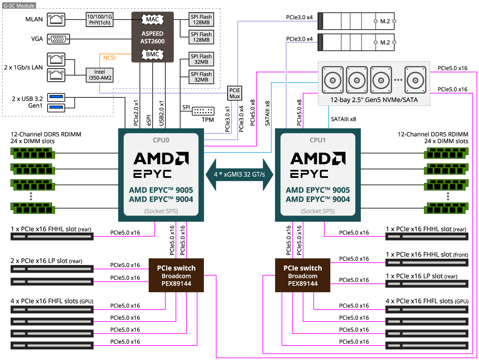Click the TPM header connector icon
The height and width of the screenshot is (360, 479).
(x=203, y=111)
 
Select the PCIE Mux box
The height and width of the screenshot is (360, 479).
(x=234, y=93)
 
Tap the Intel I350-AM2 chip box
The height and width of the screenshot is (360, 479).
(x=100, y=75)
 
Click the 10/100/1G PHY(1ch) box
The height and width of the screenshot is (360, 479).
(x=100, y=19)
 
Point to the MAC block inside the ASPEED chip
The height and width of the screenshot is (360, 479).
(x=153, y=19)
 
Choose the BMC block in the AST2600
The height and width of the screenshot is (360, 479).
(x=153, y=54)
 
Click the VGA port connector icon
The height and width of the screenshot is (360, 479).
(x=58, y=39)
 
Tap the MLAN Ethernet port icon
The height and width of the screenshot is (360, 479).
(x=56, y=19)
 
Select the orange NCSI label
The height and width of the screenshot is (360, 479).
(x=109, y=58)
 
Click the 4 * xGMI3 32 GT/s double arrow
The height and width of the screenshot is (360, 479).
(x=239, y=174)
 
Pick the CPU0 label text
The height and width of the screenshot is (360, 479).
(x=161, y=140)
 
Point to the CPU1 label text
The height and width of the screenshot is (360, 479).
(x=317, y=140)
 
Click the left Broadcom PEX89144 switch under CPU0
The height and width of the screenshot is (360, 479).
(x=176, y=275)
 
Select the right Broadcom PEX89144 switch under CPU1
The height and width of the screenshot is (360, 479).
(x=303, y=275)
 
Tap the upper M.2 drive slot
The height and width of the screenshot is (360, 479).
(x=356, y=21)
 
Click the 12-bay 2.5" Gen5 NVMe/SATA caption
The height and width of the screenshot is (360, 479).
(x=374, y=100)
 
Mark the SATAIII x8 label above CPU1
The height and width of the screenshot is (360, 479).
(x=343, y=119)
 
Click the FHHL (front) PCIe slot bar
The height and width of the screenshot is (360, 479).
(x=427, y=263)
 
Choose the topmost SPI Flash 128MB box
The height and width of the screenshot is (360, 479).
(x=201, y=19)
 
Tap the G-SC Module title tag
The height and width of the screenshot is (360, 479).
(x=19, y=6)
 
